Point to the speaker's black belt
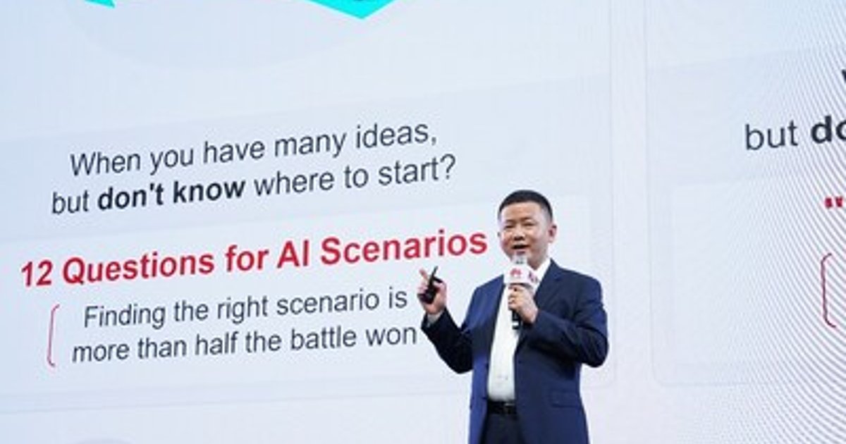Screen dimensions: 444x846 502,407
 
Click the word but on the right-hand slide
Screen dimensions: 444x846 771,135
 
